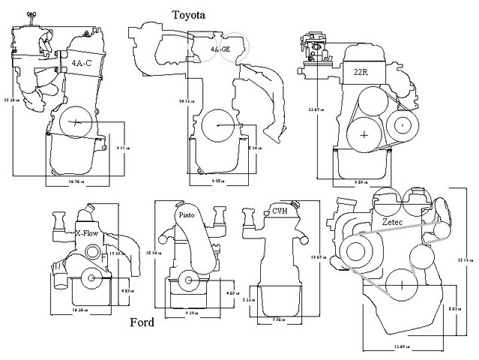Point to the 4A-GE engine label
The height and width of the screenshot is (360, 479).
[x=221, y=49]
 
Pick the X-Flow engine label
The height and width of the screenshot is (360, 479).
[x=87, y=233]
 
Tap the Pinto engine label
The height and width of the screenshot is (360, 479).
[x=187, y=215]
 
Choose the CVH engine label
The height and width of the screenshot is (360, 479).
[x=280, y=211]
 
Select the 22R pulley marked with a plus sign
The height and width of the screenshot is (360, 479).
[x=364, y=135]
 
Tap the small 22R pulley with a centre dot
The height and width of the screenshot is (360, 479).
[x=402, y=123]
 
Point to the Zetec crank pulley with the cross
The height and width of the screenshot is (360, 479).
[x=402, y=284]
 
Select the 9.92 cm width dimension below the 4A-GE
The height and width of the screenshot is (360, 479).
[x=217, y=180]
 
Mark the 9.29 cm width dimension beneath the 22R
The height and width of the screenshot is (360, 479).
[x=362, y=181]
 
